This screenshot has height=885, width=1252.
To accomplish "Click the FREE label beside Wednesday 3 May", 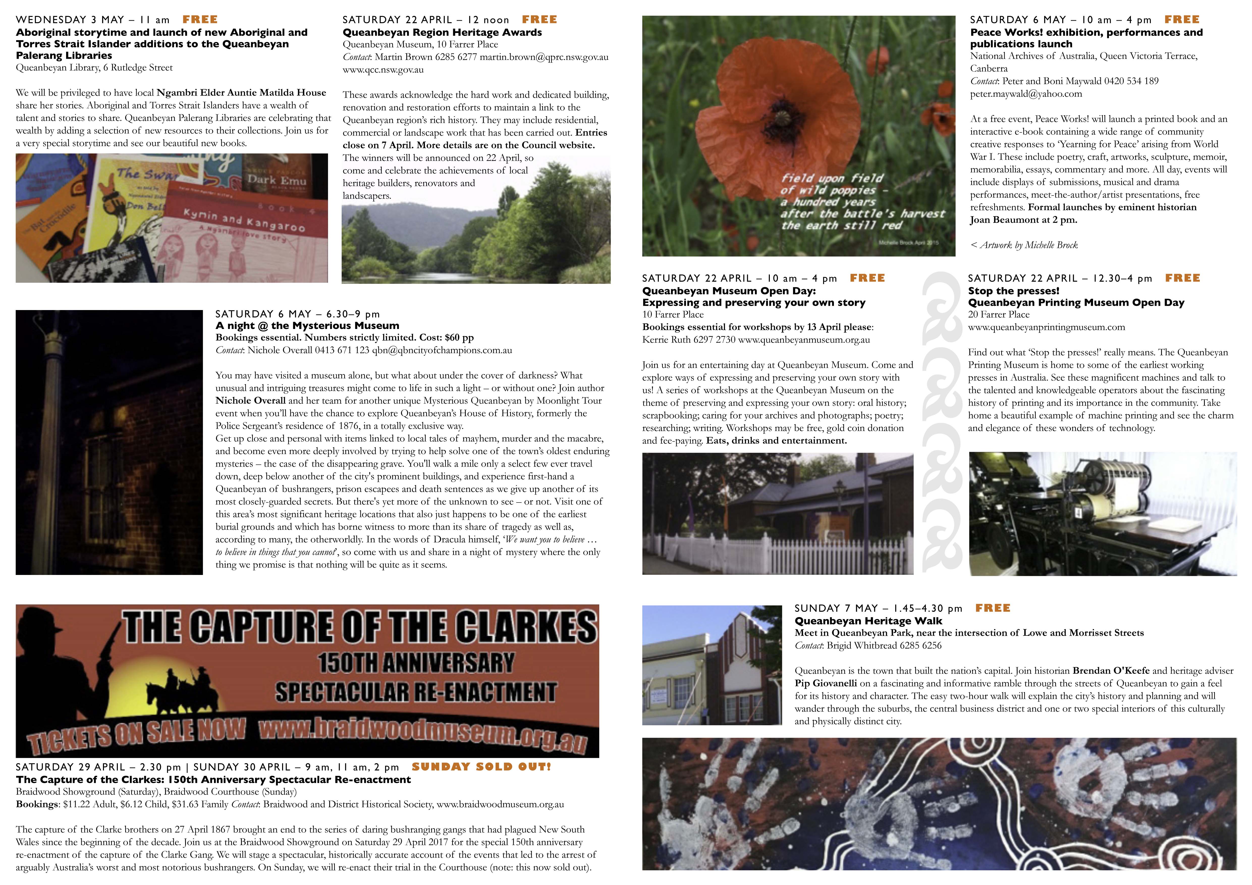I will tap(200, 20).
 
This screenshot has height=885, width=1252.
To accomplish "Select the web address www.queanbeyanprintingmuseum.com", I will tap(1046, 327).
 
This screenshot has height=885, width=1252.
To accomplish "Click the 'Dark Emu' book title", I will tap(277, 180).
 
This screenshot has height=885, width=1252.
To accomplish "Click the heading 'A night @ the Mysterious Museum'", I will tap(307, 325).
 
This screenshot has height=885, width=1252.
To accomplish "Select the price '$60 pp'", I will tap(459, 338).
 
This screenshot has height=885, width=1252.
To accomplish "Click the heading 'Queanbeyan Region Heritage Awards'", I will tap(442, 32).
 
